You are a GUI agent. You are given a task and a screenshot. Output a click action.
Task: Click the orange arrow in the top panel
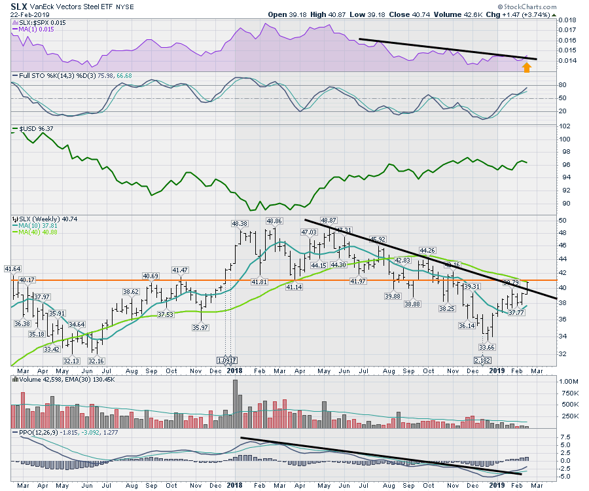click(527, 65)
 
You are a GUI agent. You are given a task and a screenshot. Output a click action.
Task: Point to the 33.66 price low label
click(486, 348)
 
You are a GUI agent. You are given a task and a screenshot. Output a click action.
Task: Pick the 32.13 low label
click(71, 361)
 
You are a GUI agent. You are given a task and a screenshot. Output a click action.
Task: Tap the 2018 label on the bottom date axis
click(234, 485)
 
